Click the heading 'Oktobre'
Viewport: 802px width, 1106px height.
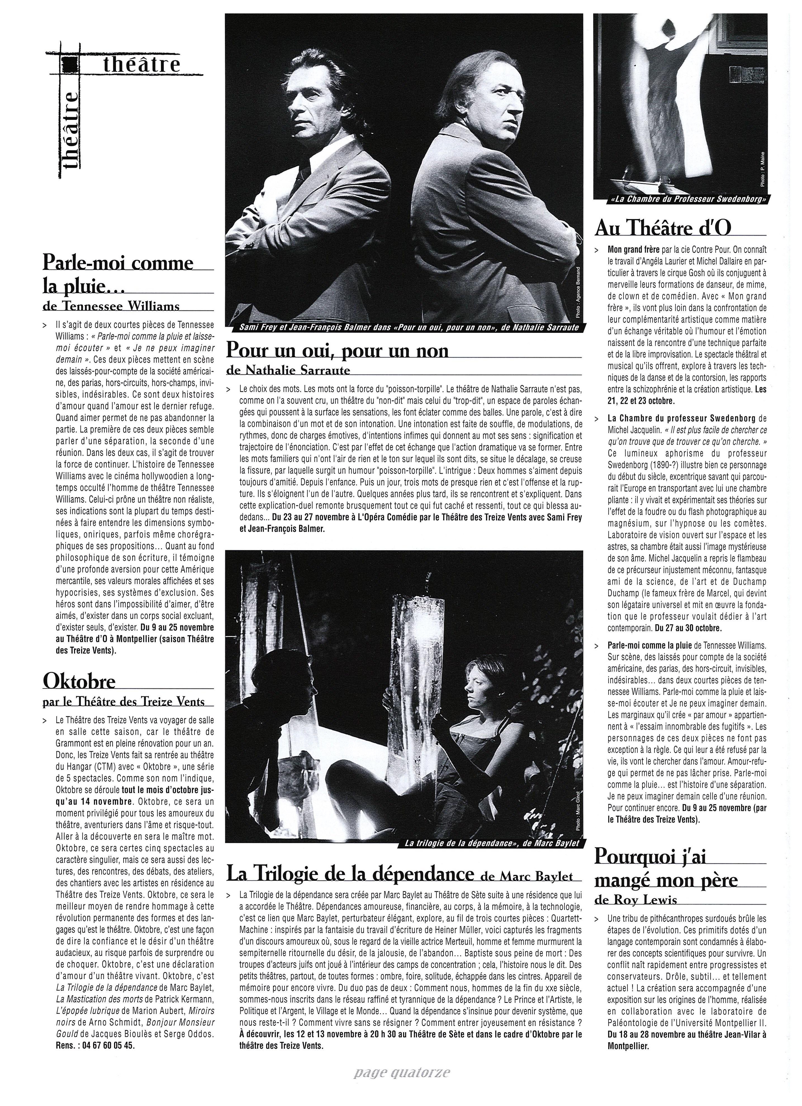pos(79,681)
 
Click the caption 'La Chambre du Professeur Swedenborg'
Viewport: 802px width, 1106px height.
pos(681,200)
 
